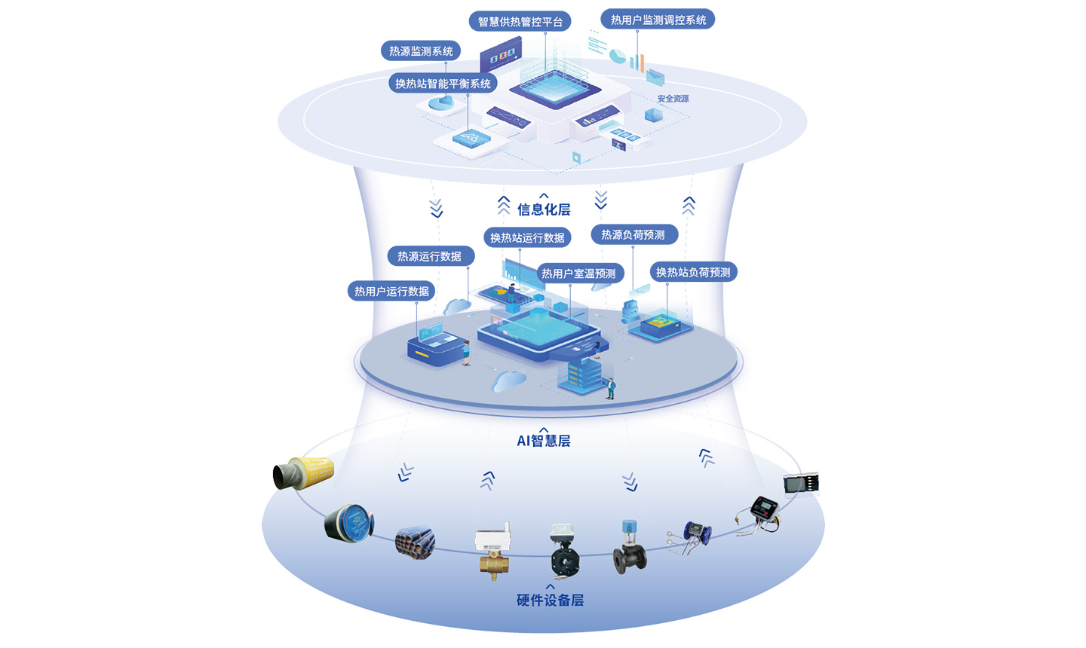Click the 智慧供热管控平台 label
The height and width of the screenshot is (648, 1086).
[520, 21]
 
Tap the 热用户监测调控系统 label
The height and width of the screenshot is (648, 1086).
[658, 20]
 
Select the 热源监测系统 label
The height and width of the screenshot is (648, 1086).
[421, 51]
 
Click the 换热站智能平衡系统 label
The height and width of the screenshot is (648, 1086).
[443, 84]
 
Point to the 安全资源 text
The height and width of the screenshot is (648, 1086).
[673, 99]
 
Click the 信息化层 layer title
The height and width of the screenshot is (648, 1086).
[544, 209]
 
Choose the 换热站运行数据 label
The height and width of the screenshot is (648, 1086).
[527, 237]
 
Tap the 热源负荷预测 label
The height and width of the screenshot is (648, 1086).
[633, 235]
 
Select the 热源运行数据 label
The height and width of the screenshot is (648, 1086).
[430, 256]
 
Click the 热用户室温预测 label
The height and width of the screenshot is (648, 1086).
[578, 274]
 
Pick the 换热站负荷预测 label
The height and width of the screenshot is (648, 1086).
[693, 272]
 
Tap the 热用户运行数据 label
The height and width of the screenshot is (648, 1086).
[391, 291]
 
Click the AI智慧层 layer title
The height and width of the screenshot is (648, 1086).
[544, 441]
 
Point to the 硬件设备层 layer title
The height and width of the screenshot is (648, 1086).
[550, 601]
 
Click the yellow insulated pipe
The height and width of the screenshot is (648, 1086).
[303, 473]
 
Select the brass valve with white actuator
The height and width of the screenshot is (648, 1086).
[492, 551]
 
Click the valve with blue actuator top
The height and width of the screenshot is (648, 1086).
[629, 548]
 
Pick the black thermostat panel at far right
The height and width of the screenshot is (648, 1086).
[801, 484]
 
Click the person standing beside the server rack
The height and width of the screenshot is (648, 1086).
[611, 388]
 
